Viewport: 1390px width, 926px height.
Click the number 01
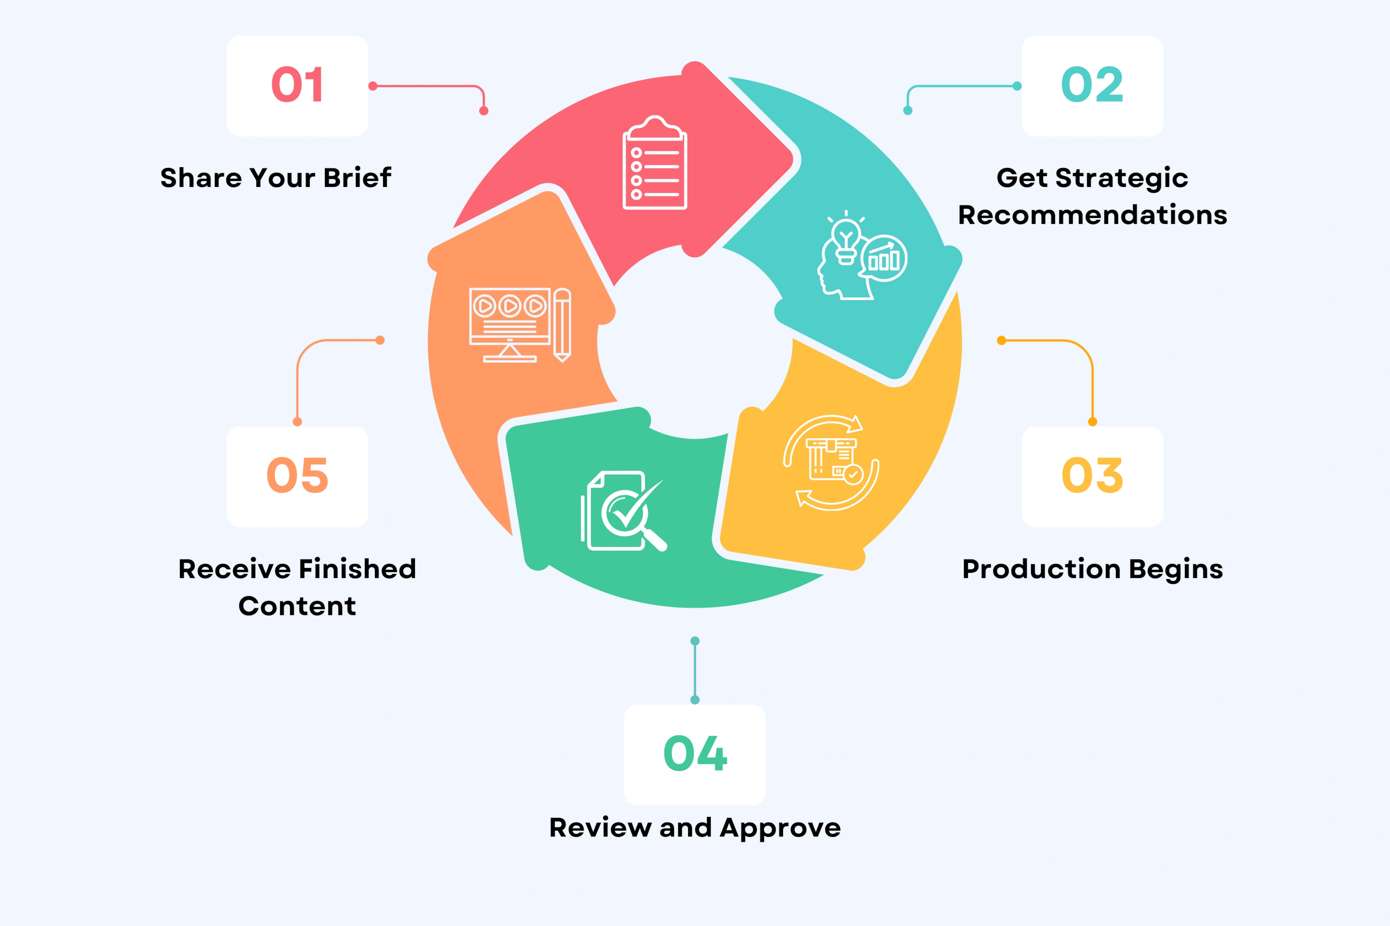297,84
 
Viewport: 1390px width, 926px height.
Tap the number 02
1092,84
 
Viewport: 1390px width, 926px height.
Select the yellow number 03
1092,475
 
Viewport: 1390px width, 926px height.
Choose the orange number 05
297,475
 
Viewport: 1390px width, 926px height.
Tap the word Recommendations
1092,215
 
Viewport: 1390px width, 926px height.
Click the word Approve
780,828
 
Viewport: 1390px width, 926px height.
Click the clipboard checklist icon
655,162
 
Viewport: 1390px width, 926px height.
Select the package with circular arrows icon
831,463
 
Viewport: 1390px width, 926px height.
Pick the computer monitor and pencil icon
520,325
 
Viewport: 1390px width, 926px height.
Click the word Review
601,828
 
